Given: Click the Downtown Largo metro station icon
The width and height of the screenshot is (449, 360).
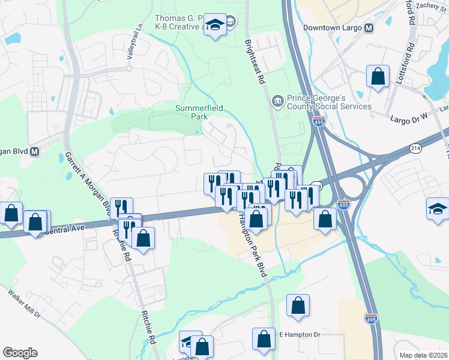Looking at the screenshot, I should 369,28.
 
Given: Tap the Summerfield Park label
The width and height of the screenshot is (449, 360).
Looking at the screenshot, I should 199,112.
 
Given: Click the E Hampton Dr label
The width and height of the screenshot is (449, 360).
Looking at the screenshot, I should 300,334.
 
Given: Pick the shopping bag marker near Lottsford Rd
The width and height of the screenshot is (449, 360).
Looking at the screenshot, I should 378,76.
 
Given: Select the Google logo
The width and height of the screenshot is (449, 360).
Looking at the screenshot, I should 20,353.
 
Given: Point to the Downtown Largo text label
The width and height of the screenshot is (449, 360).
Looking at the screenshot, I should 333,28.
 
